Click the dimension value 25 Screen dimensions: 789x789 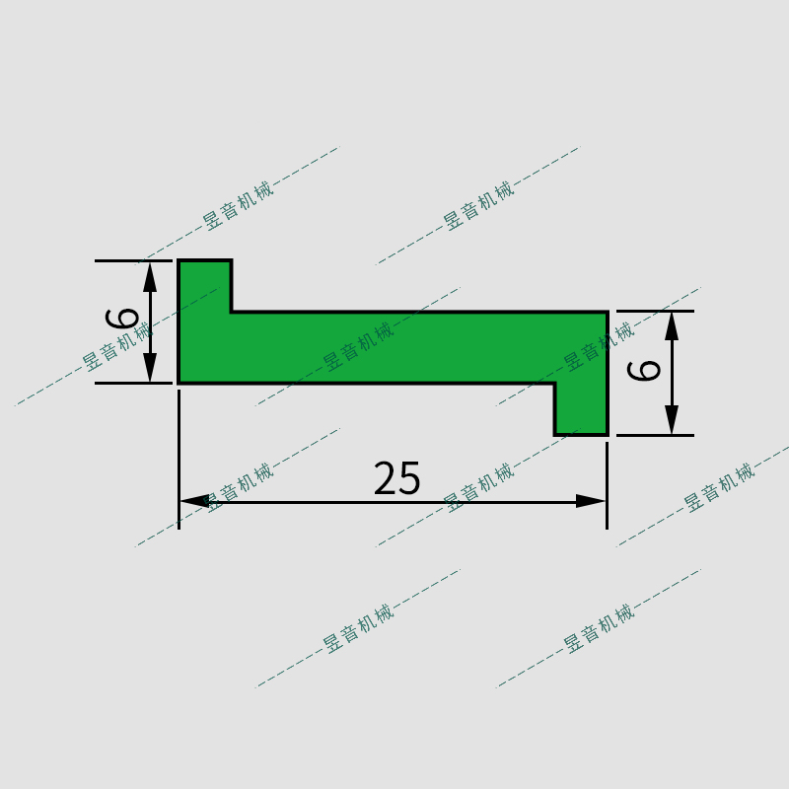coord(397,479)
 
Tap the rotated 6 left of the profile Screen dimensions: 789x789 coord(123,319)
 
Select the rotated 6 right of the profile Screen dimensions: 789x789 coord(645,370)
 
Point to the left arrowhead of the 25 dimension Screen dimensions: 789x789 coord(193,501)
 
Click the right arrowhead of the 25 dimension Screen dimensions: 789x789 coord(591,501)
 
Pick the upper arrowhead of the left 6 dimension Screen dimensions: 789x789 coord(150,275)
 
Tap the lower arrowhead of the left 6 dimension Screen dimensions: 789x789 coord(150,368)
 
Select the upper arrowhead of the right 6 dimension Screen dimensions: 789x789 coord(672,325)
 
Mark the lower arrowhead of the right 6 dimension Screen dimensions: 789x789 coord(672,420)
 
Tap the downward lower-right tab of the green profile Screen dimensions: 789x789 coord(581,408)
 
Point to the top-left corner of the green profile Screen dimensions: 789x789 coord(179,261)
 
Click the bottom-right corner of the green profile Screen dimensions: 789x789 coord(607,434)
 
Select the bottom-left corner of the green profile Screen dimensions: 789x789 coord(179,382)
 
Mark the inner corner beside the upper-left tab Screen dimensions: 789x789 coord(232,312)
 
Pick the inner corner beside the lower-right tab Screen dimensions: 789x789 coord(555,383)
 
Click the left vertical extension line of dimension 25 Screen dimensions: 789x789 coord(179,464)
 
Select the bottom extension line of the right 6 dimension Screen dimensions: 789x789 coord(656,435)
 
